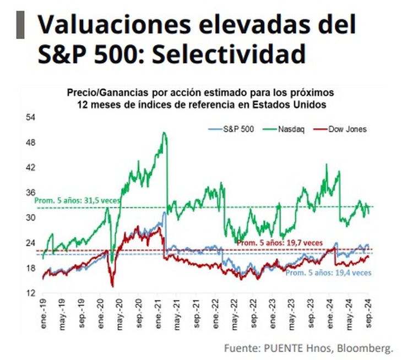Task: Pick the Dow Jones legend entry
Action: (x=347, y=129)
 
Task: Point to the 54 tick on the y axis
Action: (x=31, y=117)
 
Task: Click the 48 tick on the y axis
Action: (x=31, y=143)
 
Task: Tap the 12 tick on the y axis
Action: (x=31, y=293)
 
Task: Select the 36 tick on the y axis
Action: (x=31, y=193)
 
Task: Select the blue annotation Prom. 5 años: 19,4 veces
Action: (x=328, y=272)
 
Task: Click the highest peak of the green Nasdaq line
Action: (x=164, y=133)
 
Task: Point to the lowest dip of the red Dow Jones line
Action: (x=112, y=286)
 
